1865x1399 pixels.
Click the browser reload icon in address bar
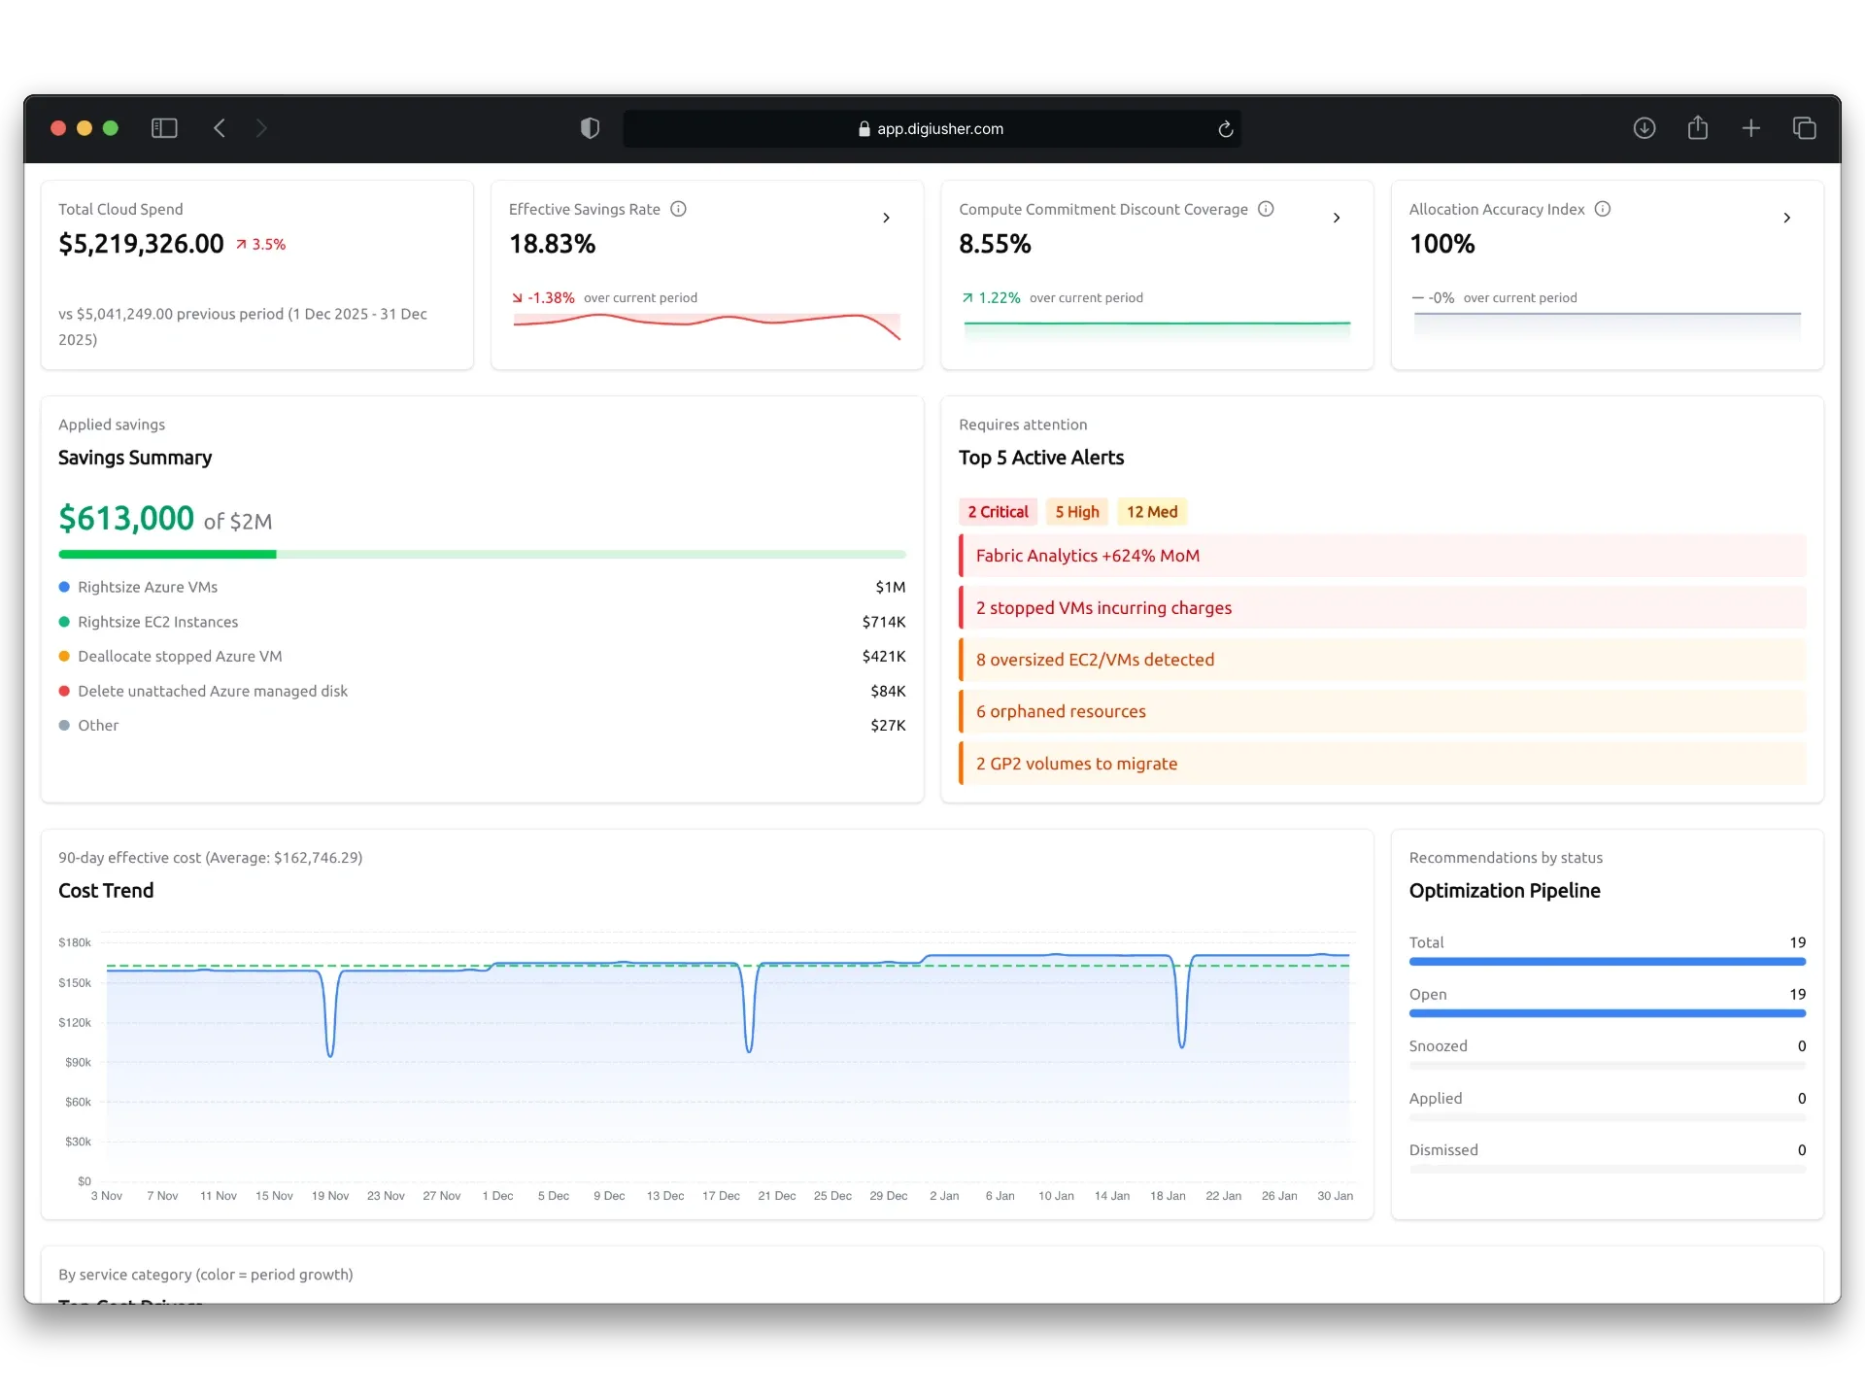[x=1225, y=129]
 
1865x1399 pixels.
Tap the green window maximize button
[x=111, y=128]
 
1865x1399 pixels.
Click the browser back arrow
[x=220, y=128]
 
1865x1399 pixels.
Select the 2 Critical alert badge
[x=998, y=512]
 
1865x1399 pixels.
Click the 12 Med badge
[x=1151, y=512]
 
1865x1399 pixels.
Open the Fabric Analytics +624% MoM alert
[x=1087, y=556]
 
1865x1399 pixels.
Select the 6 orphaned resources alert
[x=1061, y=711]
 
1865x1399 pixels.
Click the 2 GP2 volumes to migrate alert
[x=1076, y=764]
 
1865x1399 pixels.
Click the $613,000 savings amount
[x=126, y=519]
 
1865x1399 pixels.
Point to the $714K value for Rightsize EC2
[x=883, y=622]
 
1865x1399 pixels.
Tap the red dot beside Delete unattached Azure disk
[x=64, y=691]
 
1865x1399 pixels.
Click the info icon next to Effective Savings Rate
[x=679, y=209]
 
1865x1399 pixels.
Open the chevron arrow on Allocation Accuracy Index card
[x=1786, y=218]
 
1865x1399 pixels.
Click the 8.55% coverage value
[x=995, y=244]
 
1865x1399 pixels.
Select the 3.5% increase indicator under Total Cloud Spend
[x=261, y=245]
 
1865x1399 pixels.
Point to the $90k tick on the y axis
[x=78, y=1062]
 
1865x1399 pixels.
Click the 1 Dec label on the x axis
[x=497, y=1196]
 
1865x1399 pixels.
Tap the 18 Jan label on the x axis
[x=1168, y=1196]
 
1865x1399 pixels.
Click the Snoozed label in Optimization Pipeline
[x=1438, y=1046]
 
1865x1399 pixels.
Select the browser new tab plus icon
[x=1750, y=128]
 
